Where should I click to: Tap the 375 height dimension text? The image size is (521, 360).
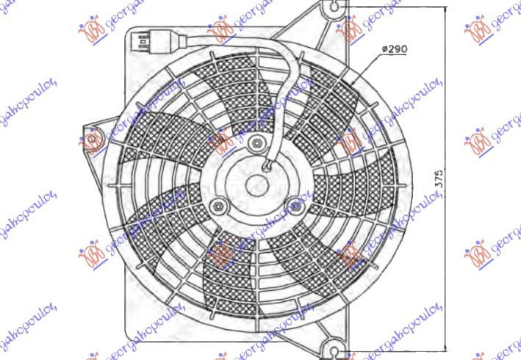tap(439, 180)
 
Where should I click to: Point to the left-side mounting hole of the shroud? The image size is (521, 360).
tap(93, 138)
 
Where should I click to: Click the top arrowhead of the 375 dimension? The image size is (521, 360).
tap(445, 10)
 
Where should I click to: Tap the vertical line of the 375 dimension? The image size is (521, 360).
tap(445, 110)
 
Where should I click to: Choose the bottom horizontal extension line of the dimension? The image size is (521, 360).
tap(397, 350)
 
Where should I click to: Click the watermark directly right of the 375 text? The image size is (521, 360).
tap(492, 136)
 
